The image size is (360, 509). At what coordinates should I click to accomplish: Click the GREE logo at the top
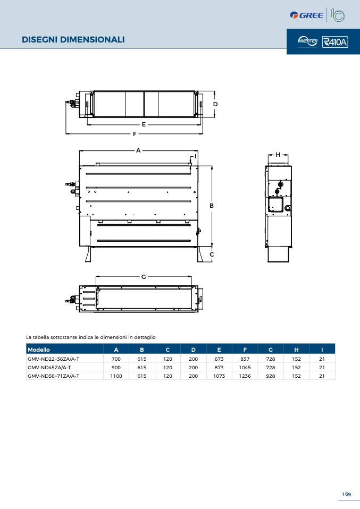point(306,15)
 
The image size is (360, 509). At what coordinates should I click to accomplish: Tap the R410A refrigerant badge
point(335,42)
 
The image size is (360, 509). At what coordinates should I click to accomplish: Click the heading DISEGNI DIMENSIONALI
point(73,40)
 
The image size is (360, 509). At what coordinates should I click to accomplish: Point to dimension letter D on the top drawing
point(215,104)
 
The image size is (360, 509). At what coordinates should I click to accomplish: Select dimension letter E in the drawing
point(144,124)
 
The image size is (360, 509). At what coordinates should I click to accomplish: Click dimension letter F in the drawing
point(135,134)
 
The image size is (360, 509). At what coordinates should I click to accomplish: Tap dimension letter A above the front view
point(138,150)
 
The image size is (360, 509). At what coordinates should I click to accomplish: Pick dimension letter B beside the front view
point(212,206)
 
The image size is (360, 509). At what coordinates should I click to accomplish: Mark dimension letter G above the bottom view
point(144,277)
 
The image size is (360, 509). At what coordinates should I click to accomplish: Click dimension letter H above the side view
point(278,155)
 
